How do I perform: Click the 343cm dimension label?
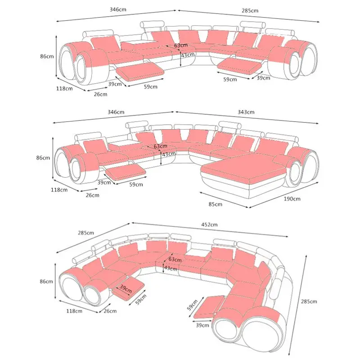(246, 112)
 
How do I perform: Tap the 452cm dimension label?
(209, 225)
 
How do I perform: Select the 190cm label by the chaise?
(292, 199)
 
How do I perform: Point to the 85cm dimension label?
(216, 204)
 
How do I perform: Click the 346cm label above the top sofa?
(118, 9)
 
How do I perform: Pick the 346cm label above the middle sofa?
(116, 112)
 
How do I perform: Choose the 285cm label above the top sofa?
(250, 10)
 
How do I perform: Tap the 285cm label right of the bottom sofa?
(309, 301)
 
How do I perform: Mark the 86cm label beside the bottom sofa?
(46, 282)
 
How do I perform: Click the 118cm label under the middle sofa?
(59, 190)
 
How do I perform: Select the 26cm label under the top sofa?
(100, 94)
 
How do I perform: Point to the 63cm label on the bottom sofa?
(175, 260)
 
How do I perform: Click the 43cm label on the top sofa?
(188, 55)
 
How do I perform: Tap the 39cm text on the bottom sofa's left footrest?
(126, 288)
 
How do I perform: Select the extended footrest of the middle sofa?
(126, 171)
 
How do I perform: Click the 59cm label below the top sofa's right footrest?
(230, 80)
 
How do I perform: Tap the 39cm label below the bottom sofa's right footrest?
(202, 325)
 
